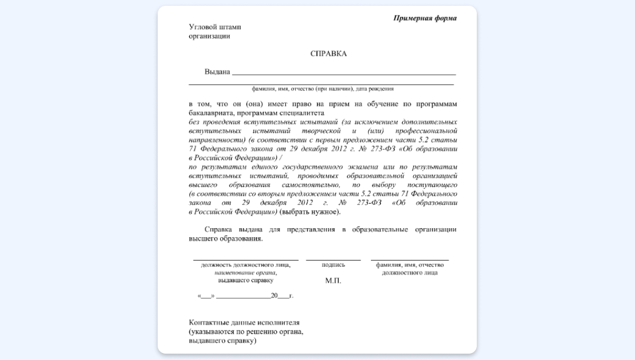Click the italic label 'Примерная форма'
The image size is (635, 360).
pyautogui.click(x=425, y=18)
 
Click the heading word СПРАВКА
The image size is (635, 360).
pyautogui.click(x=328, y=53)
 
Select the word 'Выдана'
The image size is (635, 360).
pyautogui.click(x=217, y=72)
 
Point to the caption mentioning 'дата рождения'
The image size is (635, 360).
pyautogui.click(x=323, y=89)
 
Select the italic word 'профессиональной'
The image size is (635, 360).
pyautogui.click(x=423, y=131)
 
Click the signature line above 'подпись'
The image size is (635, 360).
pyautogui.click(x=333, y=260)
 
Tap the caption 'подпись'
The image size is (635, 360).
pyautogui.click(x=333, y=265)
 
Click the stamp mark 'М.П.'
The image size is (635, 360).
pyautogui.click(x=333, y=281)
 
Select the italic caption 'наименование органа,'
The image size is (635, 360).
pyautogui.click(x=246, y=273)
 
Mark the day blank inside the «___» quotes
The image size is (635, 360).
pyautogui.click(x=205, y=295)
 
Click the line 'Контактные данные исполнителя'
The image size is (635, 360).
pyautogui.click(x=244, y=322)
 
